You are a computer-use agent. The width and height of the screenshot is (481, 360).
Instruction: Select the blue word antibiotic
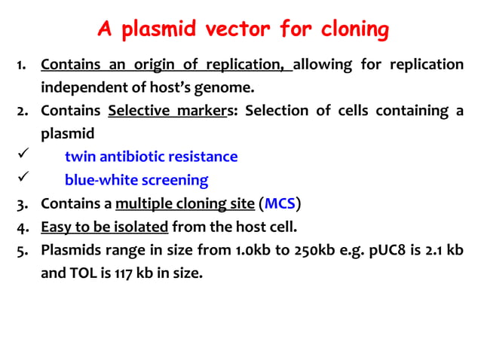[134, 157]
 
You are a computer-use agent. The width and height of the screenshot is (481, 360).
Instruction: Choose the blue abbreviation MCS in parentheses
[280, 204]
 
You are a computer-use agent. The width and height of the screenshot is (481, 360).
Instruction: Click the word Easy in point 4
[55, 227]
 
